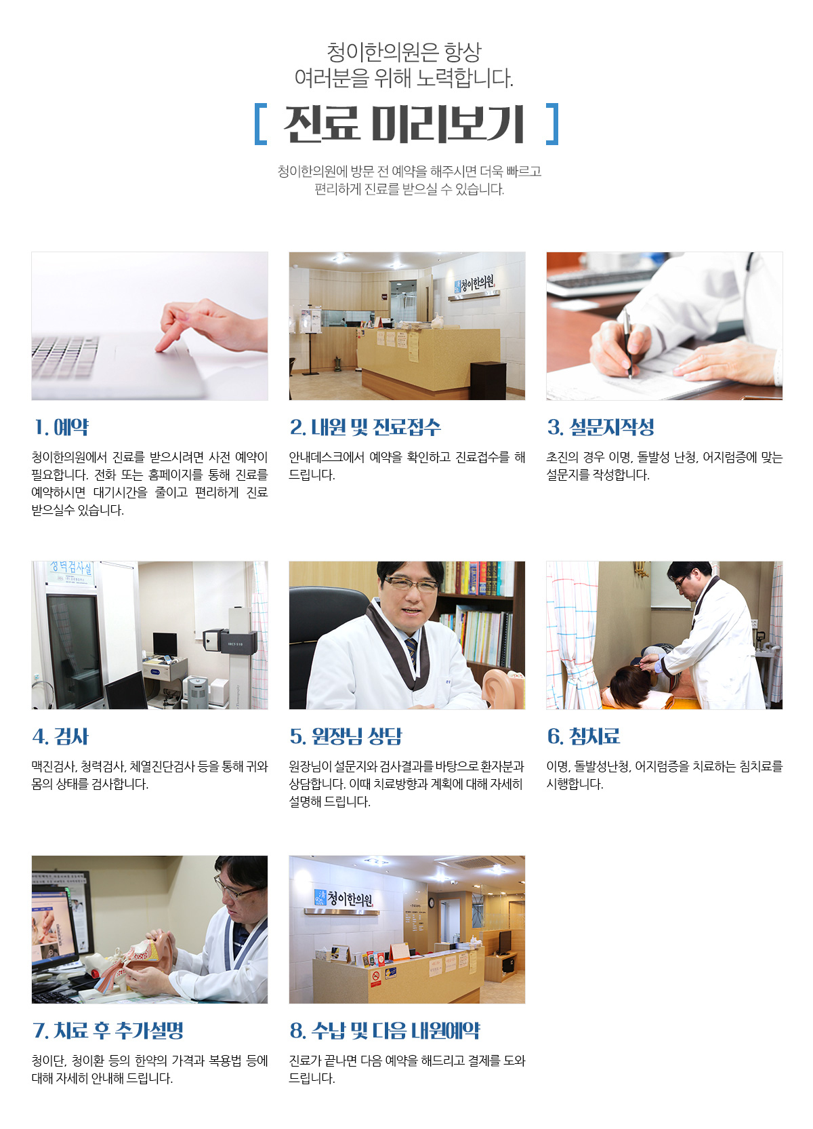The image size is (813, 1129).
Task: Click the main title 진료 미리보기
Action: coord(404,123)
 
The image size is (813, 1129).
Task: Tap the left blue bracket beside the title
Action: coord(260,124)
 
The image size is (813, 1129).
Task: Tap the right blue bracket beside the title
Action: coord(553,124)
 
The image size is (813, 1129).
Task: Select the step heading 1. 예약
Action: coord(61,427)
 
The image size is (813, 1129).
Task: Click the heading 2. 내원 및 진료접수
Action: coord(365,427)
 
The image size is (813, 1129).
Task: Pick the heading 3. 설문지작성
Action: coord(600,427)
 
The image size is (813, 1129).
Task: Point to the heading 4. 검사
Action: coord(60,736)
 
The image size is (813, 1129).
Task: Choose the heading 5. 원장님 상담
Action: coord(346,736)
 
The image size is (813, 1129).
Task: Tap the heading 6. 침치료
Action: coord(583,736)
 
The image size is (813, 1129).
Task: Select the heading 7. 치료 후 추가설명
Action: coord(108,1030)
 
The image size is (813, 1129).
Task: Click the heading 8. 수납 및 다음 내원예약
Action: coord(385,1030)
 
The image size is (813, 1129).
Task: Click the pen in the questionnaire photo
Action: coord(627,343)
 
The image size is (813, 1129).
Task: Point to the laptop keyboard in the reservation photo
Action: coord(64,357)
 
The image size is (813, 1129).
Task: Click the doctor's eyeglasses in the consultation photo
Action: coord(410,585)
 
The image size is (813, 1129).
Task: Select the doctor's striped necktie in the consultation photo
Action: coord(412,651)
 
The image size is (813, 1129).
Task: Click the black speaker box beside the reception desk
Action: coord(488,380)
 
